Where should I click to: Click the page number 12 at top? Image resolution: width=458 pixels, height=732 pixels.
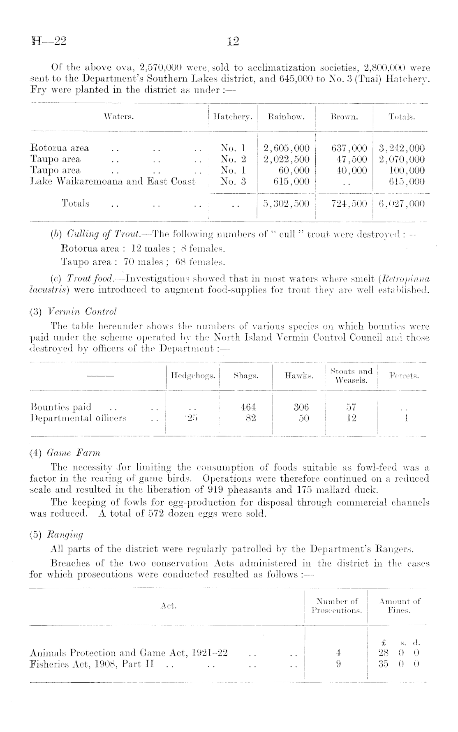point(233,42)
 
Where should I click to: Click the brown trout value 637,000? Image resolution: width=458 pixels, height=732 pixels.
point(349,148)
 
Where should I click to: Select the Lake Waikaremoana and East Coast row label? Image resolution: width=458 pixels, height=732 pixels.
point(113,181)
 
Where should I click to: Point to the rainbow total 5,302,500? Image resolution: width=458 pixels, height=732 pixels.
point(286,203)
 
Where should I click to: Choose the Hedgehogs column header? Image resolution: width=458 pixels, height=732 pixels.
point(193,376)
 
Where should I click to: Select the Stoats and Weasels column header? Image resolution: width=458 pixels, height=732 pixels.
point(351,376)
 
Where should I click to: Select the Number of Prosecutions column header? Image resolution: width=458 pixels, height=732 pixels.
point(337,606)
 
